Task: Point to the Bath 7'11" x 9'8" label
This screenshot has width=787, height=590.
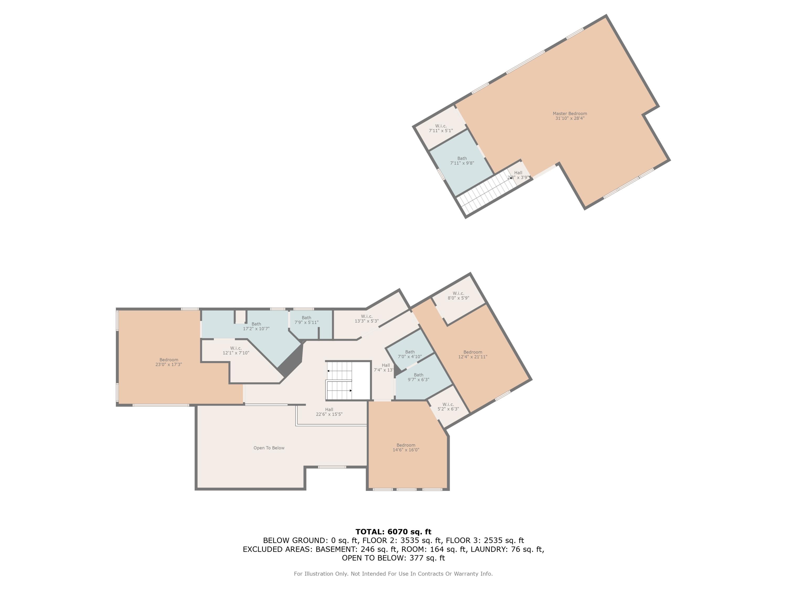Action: (462, 161)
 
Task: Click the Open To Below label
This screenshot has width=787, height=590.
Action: (269, 448)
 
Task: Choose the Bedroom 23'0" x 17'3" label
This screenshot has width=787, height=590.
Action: (169, 362)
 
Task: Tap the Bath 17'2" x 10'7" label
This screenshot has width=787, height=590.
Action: (256, 326)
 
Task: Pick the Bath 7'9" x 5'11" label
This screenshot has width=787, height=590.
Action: (306, 320)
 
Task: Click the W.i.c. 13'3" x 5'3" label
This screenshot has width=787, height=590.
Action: (366, 319)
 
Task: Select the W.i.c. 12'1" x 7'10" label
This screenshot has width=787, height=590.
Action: (236, 351)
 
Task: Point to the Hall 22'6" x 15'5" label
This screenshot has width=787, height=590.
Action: (329, 412)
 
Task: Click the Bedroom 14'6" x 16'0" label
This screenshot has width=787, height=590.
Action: (406, 447)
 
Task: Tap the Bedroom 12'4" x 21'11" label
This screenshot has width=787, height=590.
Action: (473, 355)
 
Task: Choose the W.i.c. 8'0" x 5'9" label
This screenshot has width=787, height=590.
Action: (458, 296)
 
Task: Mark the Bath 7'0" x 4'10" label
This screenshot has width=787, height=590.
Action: (410, 354)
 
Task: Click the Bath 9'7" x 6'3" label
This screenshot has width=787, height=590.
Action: (419, 377)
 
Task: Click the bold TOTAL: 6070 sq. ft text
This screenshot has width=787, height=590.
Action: (393, 532)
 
